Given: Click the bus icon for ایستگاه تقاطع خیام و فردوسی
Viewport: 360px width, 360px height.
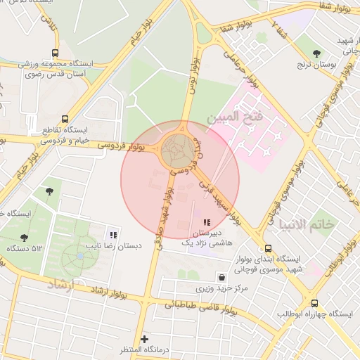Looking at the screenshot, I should click(x=65, y=119).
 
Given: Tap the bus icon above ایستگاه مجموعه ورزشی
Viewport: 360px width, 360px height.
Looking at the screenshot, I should click(x=56, y=53).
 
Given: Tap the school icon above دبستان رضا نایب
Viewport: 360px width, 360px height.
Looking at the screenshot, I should click(x=113, y=235).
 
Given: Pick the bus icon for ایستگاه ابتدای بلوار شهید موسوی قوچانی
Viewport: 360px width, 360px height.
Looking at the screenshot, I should click(x=268, y=249).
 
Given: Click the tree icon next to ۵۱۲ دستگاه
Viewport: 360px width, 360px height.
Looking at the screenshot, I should click(x=25, y=238).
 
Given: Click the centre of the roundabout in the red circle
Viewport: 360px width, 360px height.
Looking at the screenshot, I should click(x=176, y=151).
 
